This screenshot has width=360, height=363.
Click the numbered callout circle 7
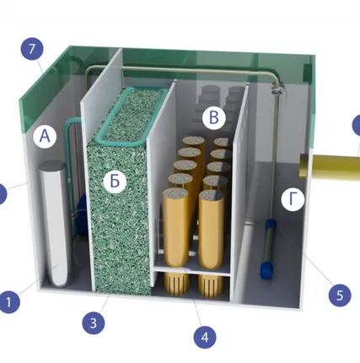(x=32, y=49)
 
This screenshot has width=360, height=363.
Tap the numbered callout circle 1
(x=8, y=302)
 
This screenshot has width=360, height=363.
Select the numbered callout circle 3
(x=94, y=323)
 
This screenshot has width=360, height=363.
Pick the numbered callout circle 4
(x=205, y=337)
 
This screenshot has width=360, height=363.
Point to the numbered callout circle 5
(x=340, y=295)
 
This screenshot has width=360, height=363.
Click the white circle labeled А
(x=45, y=137)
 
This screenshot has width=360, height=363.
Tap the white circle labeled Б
(x=115, y=181)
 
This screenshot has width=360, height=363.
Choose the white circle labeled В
(x=214, y=117)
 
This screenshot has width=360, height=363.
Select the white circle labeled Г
(x=293, y=199)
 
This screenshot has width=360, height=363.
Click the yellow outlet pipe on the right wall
(x=330, y=166)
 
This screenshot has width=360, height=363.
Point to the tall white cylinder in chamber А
(x=54, y=224)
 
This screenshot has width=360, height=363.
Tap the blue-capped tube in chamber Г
(x=268, y=249)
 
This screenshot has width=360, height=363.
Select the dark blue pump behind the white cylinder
(x=82, y=207)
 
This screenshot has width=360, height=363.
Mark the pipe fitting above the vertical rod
(x=277, y=88)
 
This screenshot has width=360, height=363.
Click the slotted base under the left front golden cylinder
(x=176, y=283)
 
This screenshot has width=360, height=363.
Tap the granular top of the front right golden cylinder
(x=212, y=195)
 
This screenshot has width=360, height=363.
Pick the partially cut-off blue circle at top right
(x=357, y=125)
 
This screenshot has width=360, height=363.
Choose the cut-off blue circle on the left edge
(x=3, y=194)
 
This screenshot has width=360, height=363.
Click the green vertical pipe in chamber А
(x=67, y=169)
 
